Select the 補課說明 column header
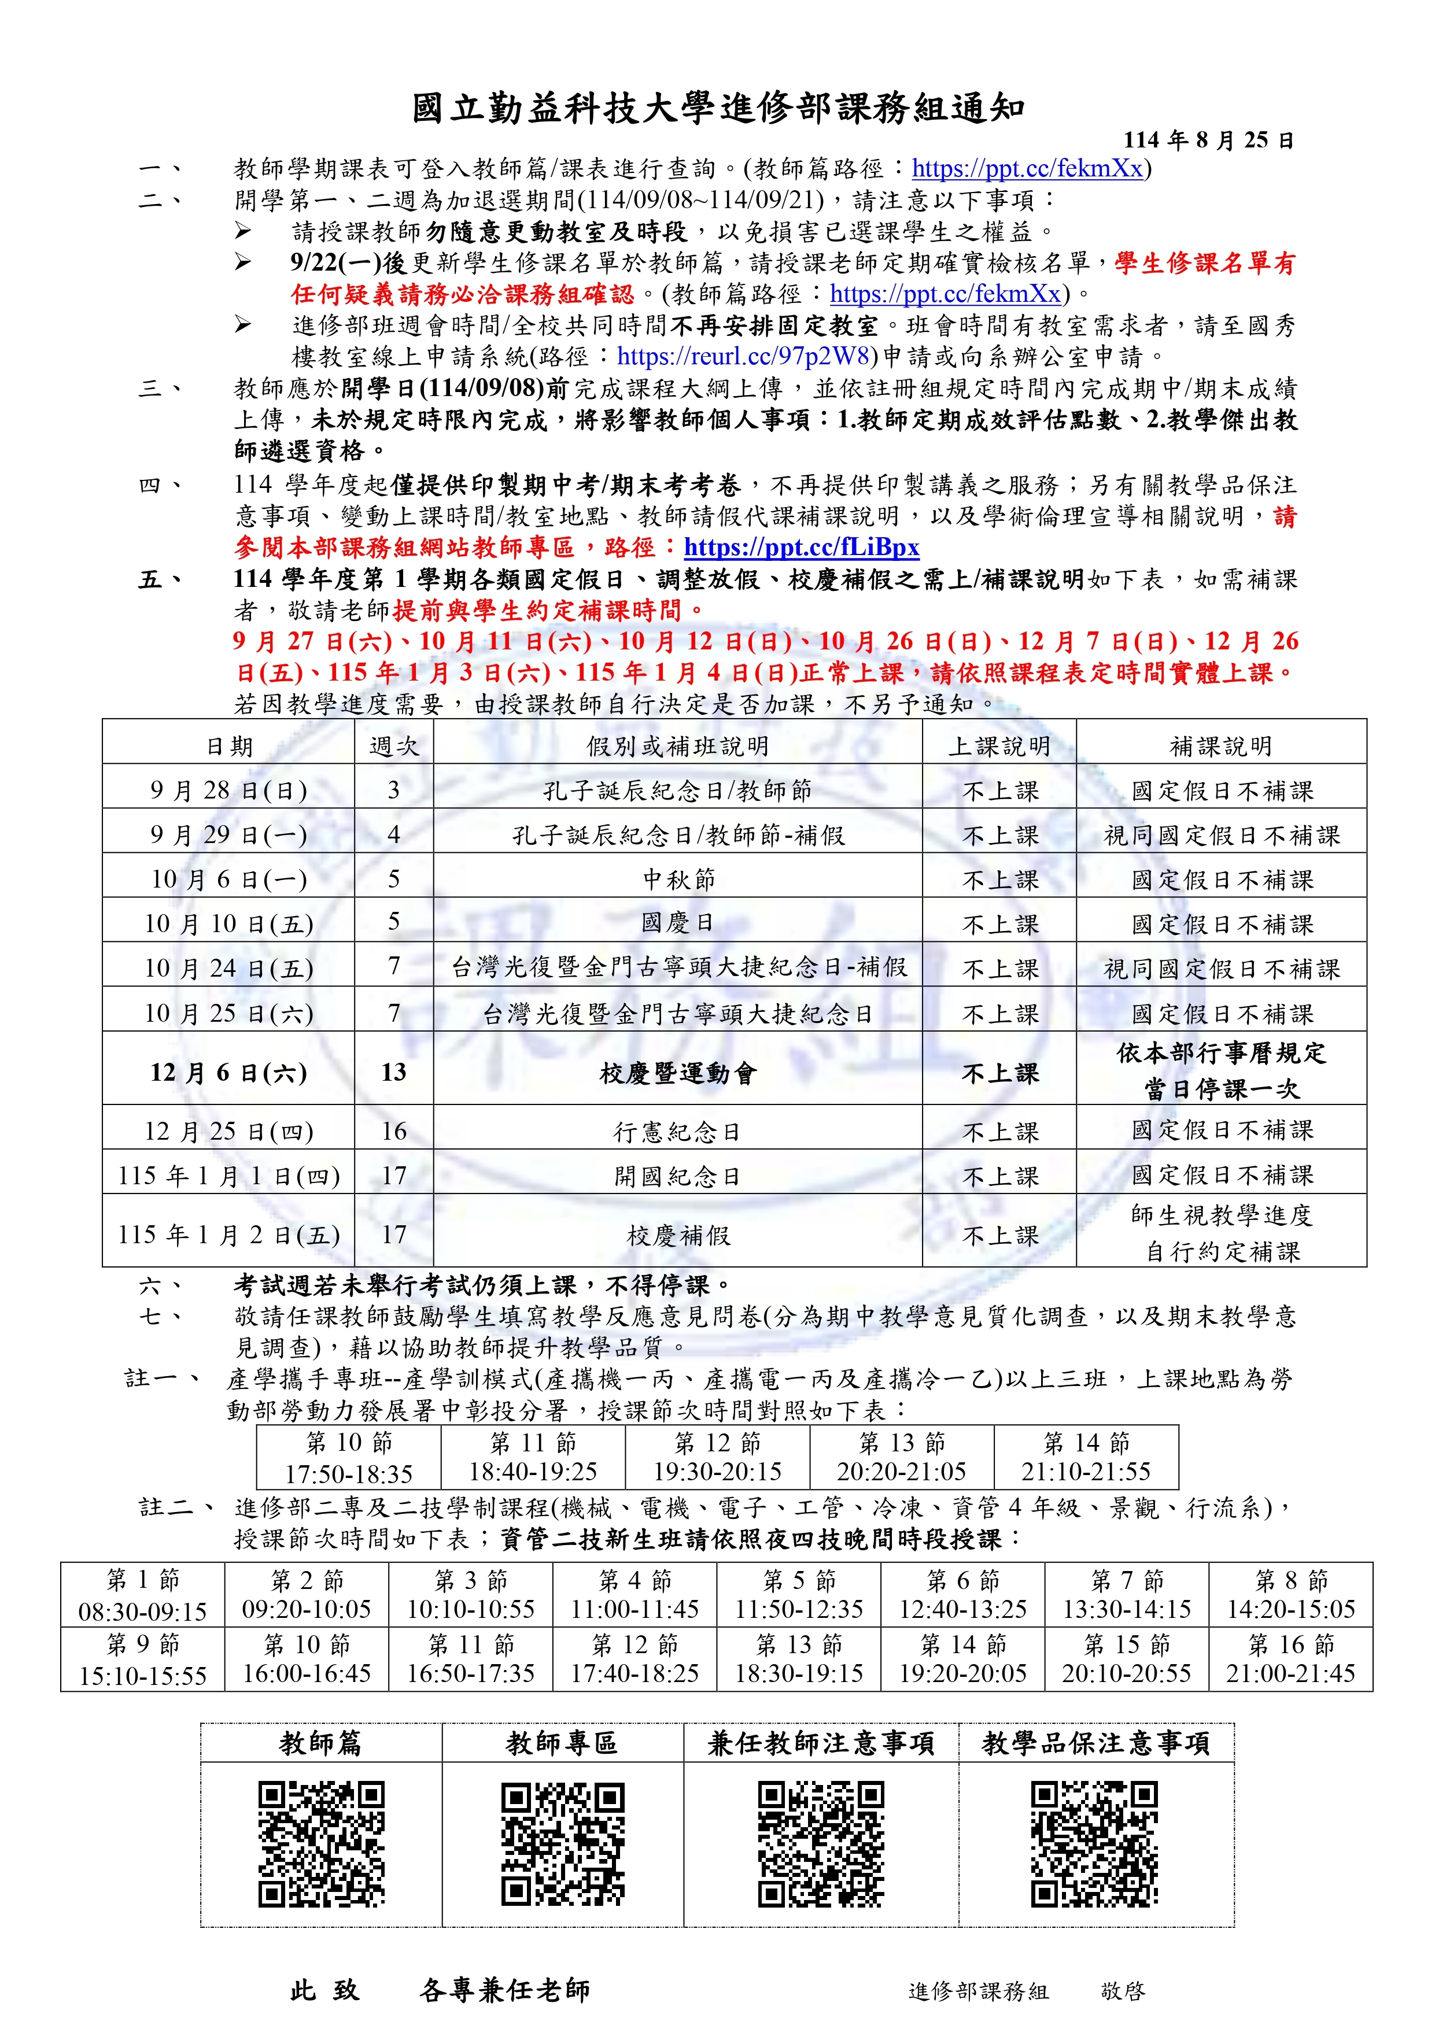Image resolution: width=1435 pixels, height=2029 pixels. tap(1220, 746)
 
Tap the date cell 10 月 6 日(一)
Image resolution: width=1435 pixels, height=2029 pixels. tap(228, 879)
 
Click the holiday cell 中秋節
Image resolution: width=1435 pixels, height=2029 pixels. tap(677, 879)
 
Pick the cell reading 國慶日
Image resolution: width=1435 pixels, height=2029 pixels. tap(677, 923)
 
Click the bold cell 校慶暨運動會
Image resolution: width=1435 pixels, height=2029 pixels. tap(677, 1073)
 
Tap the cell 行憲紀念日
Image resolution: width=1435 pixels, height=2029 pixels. tap(677, 1131)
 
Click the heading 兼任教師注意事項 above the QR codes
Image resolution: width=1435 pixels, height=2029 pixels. tap(821, 1743)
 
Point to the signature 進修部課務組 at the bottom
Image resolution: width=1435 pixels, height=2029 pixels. tap(978, 1991)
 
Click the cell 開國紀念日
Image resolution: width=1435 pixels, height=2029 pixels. tap(677, 1176)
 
